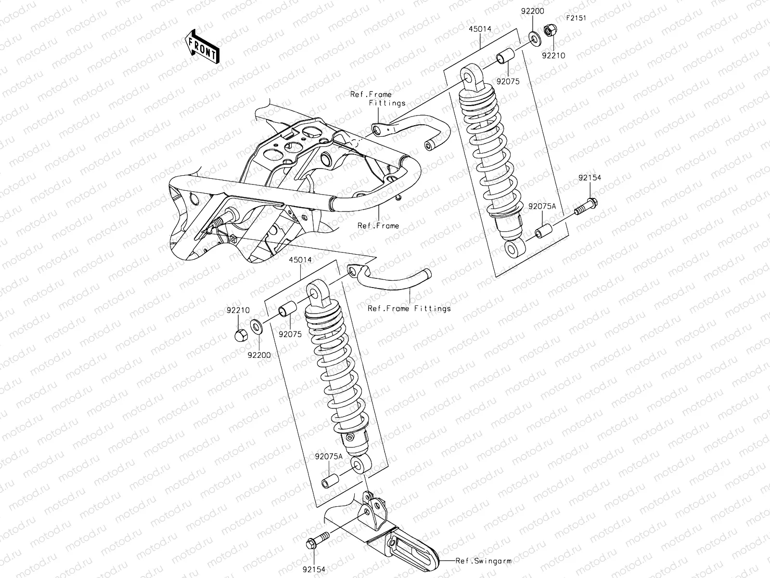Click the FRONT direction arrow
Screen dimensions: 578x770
click(202, 46)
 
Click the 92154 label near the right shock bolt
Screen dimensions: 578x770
click(590, 178)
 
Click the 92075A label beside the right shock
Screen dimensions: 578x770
click(542, 206)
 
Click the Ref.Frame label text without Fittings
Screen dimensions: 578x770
click(378, 225)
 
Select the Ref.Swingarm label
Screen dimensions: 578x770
click(484, 561)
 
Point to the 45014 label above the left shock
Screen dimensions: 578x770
click(300, 260)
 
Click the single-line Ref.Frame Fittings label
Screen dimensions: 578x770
click(409, 309)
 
